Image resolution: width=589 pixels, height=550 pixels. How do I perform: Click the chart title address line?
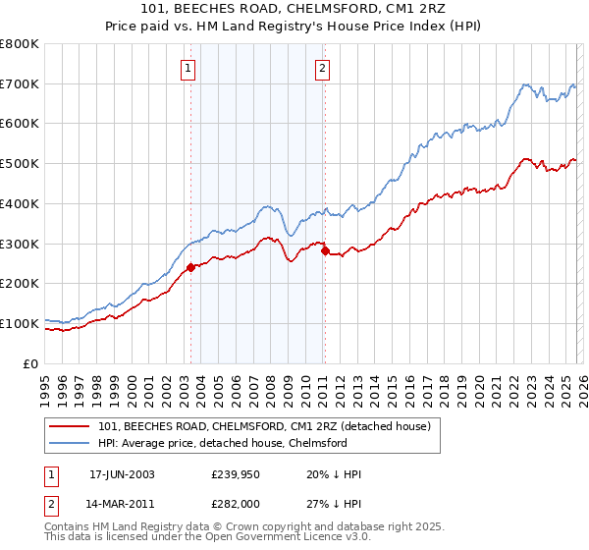tap(294, 11)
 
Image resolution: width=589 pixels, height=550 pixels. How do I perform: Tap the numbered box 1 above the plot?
tap(187, 69)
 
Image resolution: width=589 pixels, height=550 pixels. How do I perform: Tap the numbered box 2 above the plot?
tap(322, 69)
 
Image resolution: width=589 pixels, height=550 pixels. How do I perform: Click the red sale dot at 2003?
tap(190, 267)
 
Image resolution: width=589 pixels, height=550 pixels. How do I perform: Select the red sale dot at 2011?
tap(325, 250)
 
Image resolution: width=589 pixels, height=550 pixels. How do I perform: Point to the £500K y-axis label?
tap(20, 163)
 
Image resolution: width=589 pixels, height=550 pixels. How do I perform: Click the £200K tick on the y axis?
tap(20, 283)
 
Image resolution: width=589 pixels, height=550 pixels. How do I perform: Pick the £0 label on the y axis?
tap(29, 363)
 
